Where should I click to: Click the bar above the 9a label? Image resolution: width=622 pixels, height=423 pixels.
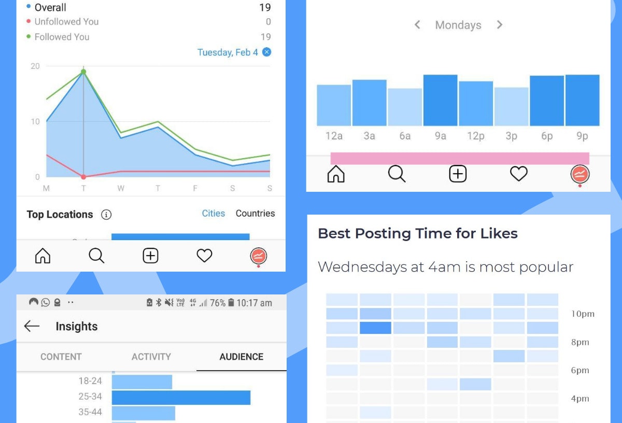pyautogui.click(x=440, y=100)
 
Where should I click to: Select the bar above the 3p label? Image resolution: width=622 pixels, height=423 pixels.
pyautogui.click(x=511, y=106)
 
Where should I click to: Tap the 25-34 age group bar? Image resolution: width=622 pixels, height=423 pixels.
pyautogui.click(x=181, y=398)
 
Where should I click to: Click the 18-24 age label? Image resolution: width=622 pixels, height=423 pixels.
pyautogui.click(x=90, y=381)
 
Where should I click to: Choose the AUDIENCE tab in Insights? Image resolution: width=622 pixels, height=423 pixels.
pyautogui.click(x=241, y=357)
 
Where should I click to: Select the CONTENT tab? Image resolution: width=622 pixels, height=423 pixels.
pyautogui.click(x=61, y=357)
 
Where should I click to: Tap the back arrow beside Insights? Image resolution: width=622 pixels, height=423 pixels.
pyautogui.click(x=32, y=326)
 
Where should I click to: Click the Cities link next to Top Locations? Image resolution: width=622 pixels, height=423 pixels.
pyautogui.click(x=214, y=214)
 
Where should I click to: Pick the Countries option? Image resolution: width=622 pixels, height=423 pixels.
pyautogui.click(x=255, y=214)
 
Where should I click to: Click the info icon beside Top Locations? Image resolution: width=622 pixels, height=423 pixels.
pyautogui.click(x=106, y=215)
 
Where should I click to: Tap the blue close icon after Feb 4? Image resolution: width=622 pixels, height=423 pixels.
pyautogui.click(x=266, y=52)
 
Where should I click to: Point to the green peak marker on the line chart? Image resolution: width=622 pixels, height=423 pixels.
pyautogui.click(x=83, y=72)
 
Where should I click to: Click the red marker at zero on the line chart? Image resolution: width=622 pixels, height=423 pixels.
pyautogui.click(x=83, y=177)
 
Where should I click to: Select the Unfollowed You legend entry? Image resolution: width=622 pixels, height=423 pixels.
pyautogui.click(x=66, y=22)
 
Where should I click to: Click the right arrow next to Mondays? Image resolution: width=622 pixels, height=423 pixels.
pyautogui.click(x=499, y=25)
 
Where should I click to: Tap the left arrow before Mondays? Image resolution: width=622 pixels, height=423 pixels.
pyautogui.click(x=417, y=25)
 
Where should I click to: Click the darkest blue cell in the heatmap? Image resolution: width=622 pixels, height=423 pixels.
pyautogui.click(x=375, y=328)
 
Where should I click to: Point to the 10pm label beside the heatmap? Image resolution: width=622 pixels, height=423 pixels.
pyautogui.click(x=583, y=314)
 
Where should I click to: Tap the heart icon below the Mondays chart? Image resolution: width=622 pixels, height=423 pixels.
pyautogui.click(x=518, y=174)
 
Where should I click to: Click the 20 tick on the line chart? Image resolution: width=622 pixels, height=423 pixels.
pyautogui.click(x=35, y=66)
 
